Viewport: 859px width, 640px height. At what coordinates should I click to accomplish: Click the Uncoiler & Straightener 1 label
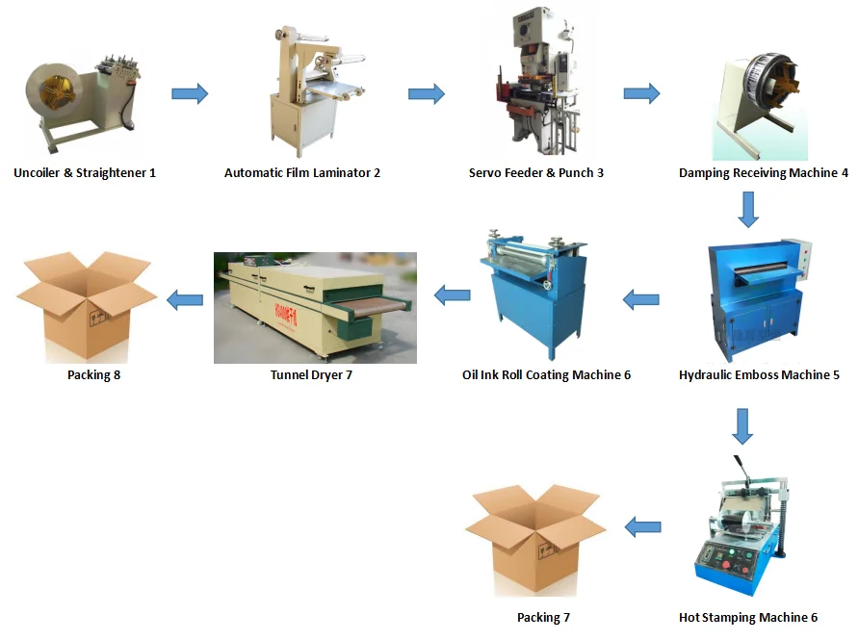click(x=85, y=173)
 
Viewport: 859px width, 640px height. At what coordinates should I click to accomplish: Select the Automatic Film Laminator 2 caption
click(x=302, y=173)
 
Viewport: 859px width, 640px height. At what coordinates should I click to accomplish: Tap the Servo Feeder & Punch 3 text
click(x=536, y=173)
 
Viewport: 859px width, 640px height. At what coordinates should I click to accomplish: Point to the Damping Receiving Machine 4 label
click(x=764, y=173)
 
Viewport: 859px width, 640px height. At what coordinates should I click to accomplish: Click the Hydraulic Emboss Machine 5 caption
click(x=759, y=374)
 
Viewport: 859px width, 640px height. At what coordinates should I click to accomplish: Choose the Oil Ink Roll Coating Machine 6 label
click(x=546, y=374)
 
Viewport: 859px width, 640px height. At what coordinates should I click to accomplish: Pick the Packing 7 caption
click(x=544, y=617)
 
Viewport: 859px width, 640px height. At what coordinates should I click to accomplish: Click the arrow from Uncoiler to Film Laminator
click(x=190, y=93)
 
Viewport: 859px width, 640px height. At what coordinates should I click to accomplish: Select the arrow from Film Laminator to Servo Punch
click(x=426, y=93)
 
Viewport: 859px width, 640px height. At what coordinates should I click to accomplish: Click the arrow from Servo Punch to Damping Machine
click(x=641, y=93)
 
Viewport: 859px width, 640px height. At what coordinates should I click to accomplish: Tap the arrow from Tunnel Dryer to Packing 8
click(x=185, y=300)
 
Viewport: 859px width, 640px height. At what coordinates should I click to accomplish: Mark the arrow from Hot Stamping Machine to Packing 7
click(x=643, y=526)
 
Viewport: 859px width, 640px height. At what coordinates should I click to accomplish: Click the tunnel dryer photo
click(x=315, y=307)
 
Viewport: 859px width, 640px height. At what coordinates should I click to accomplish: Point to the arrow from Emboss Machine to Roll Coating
click(x=641, y=300)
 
